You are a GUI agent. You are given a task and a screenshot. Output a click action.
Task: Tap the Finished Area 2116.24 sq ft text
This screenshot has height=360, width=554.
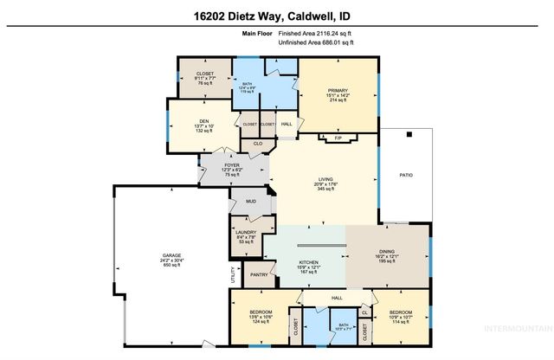tap(316, 34)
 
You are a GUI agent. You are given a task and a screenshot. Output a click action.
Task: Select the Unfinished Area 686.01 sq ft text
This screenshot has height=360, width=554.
tap(316, 44)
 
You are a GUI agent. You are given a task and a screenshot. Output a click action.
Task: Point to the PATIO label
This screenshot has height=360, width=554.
tap(405, 176)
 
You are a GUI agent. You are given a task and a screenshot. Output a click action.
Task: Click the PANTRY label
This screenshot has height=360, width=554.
tap(258, 275)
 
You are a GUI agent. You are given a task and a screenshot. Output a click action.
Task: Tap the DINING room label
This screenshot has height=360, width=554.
tap(386, 250)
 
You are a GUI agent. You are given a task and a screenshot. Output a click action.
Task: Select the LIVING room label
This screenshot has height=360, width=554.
tap(325, 181)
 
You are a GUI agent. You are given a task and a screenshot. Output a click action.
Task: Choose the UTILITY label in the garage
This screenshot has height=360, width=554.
tap(233, 276)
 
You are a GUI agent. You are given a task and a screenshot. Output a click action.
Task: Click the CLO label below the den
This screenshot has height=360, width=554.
tap(258, 143)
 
